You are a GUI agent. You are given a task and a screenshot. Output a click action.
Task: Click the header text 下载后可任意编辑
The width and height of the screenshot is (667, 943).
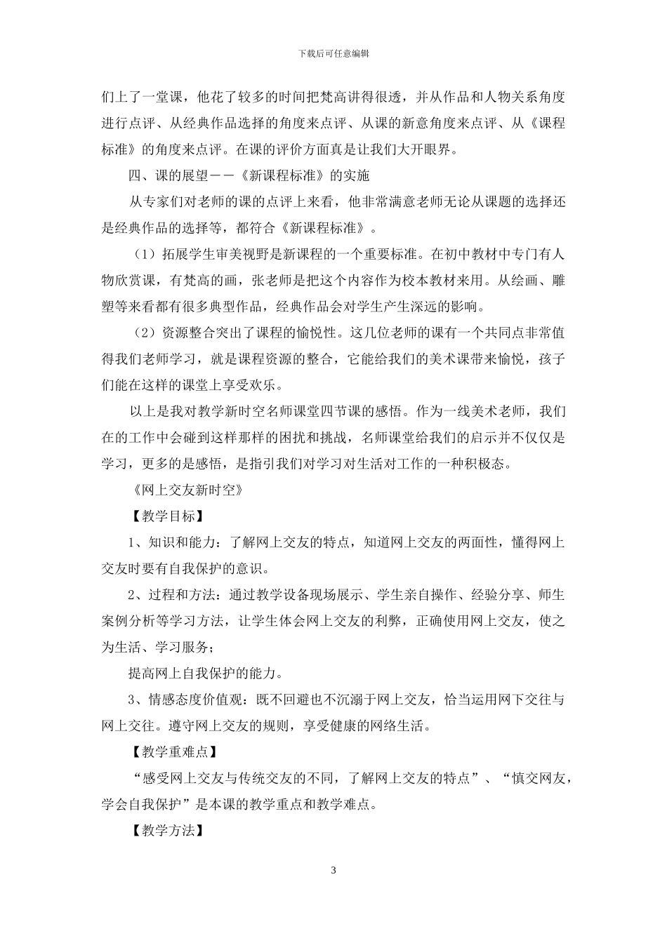[x=333, y=53]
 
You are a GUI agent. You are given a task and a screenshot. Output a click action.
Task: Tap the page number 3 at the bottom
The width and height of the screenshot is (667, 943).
[x=333, y=871]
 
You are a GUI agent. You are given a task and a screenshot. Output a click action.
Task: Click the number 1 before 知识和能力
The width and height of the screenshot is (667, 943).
[x=131, y=542]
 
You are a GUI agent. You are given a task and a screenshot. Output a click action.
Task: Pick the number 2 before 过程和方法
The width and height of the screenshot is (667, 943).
[x=131, y=595]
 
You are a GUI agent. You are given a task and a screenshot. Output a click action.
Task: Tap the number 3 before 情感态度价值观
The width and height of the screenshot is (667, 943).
[x=131, y=700]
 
